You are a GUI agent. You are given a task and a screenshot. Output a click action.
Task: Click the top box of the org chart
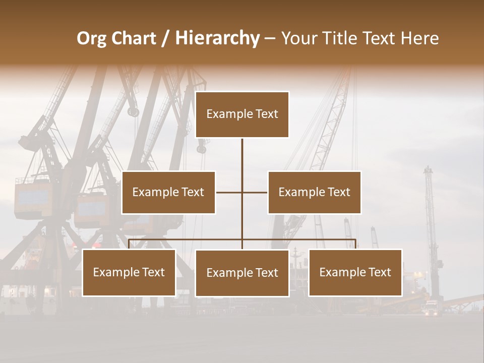point(242,114)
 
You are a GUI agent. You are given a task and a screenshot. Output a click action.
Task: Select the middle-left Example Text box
point(168,193)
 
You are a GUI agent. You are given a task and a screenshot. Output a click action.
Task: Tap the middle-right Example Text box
point(314,193)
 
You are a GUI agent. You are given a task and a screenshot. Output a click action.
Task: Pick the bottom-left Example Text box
point(129,273)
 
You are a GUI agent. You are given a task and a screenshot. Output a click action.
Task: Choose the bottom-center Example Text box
point(242,273)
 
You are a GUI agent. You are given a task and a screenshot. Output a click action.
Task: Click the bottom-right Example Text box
point(355,273)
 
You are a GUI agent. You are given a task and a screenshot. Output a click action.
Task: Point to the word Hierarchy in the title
point(217,39)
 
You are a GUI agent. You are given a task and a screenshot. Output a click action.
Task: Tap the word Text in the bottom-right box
point(379,273)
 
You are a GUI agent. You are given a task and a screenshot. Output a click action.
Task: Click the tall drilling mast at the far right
point(430,227)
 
